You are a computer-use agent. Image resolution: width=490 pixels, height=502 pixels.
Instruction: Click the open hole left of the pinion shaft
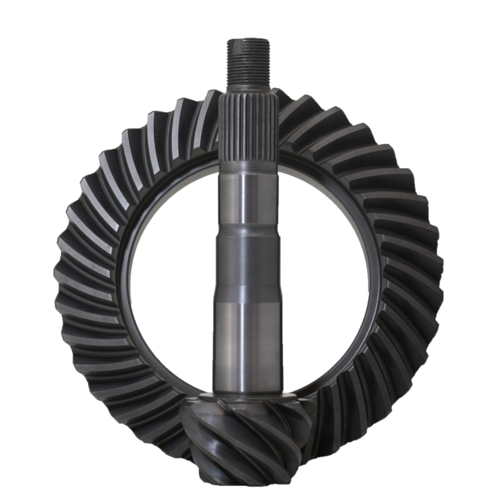[x=172, y=282]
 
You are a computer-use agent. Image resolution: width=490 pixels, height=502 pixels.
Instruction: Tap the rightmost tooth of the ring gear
[x=435, y=275]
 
